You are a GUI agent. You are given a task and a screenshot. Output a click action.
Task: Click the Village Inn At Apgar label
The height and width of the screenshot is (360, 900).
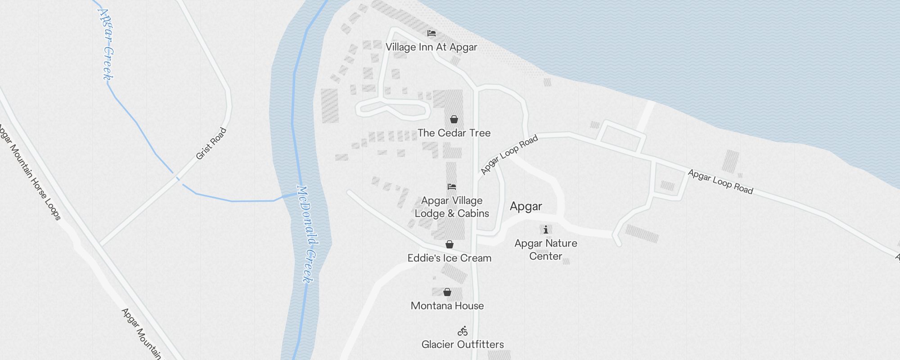tap(431, 47)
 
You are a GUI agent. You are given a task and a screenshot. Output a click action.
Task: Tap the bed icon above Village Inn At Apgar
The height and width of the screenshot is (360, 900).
tap(432, 33)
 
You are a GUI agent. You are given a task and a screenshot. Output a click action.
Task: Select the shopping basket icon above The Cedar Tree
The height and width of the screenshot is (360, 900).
tap(454, 119)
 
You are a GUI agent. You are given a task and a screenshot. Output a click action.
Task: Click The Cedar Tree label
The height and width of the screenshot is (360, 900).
tap(454, 133)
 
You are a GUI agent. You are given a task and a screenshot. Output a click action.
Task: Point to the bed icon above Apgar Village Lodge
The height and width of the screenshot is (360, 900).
tap(452, 187)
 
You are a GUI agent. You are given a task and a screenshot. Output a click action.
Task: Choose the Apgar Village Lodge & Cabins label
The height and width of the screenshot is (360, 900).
tap(452, 207)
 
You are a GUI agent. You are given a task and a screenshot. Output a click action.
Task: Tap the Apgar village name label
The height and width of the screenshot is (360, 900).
tap(526, 207)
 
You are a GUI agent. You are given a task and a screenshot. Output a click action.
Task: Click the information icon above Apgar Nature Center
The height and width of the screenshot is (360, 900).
tap(546, 230)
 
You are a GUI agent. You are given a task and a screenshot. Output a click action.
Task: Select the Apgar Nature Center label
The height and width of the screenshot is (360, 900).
tap(546, 250)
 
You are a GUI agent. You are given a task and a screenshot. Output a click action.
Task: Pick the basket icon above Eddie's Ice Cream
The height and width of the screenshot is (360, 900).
tap(449, 244)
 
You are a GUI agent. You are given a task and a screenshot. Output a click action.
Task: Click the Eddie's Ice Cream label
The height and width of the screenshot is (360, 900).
tap(449, 258)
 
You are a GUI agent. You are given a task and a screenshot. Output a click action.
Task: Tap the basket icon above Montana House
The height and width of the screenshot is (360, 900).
tap(447, 292)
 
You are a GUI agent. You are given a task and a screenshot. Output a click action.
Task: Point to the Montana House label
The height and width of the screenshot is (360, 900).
tap(447, 306)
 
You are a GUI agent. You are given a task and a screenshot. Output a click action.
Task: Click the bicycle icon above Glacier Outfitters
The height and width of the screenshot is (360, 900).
tap(463, 332)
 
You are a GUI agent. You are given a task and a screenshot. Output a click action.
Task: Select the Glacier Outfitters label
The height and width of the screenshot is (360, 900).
tap(463, 345)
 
